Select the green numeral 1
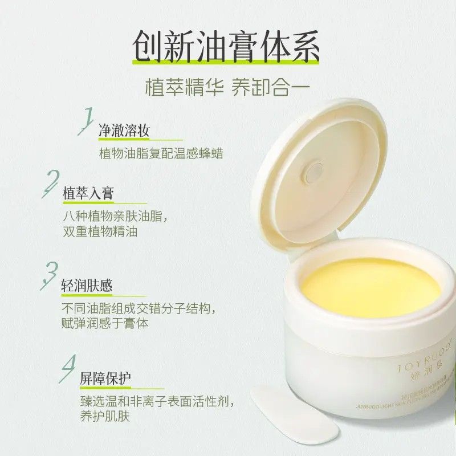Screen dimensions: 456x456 (87, 121)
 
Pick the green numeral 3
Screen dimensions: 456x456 (51, 275)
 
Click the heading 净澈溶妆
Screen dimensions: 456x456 (124, 131)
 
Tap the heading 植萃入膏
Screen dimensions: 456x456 (88, 193)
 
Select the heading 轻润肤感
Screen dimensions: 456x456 (87, 286)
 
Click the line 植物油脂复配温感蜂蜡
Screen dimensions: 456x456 (161, 153)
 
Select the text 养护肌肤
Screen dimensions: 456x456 (107, 417)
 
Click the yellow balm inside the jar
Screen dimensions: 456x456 (370, 283)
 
